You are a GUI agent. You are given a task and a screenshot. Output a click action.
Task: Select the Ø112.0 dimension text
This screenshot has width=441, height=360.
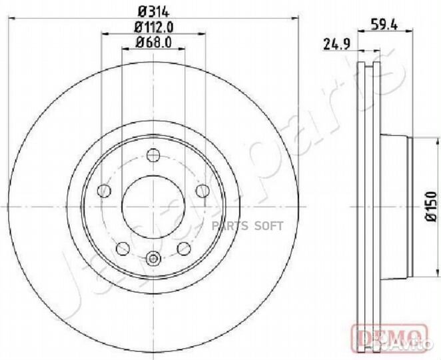(x=154, y=27)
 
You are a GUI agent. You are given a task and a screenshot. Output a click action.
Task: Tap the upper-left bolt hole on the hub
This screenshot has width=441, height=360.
(x=104, y=192)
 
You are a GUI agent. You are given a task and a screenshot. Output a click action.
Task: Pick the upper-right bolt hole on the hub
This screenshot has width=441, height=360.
(x=203, y=192)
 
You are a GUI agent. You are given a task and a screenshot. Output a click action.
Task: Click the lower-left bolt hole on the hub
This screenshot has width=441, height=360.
(x=123, y=249)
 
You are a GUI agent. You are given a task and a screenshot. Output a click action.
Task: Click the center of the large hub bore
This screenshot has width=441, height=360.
(x=153, y=207)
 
